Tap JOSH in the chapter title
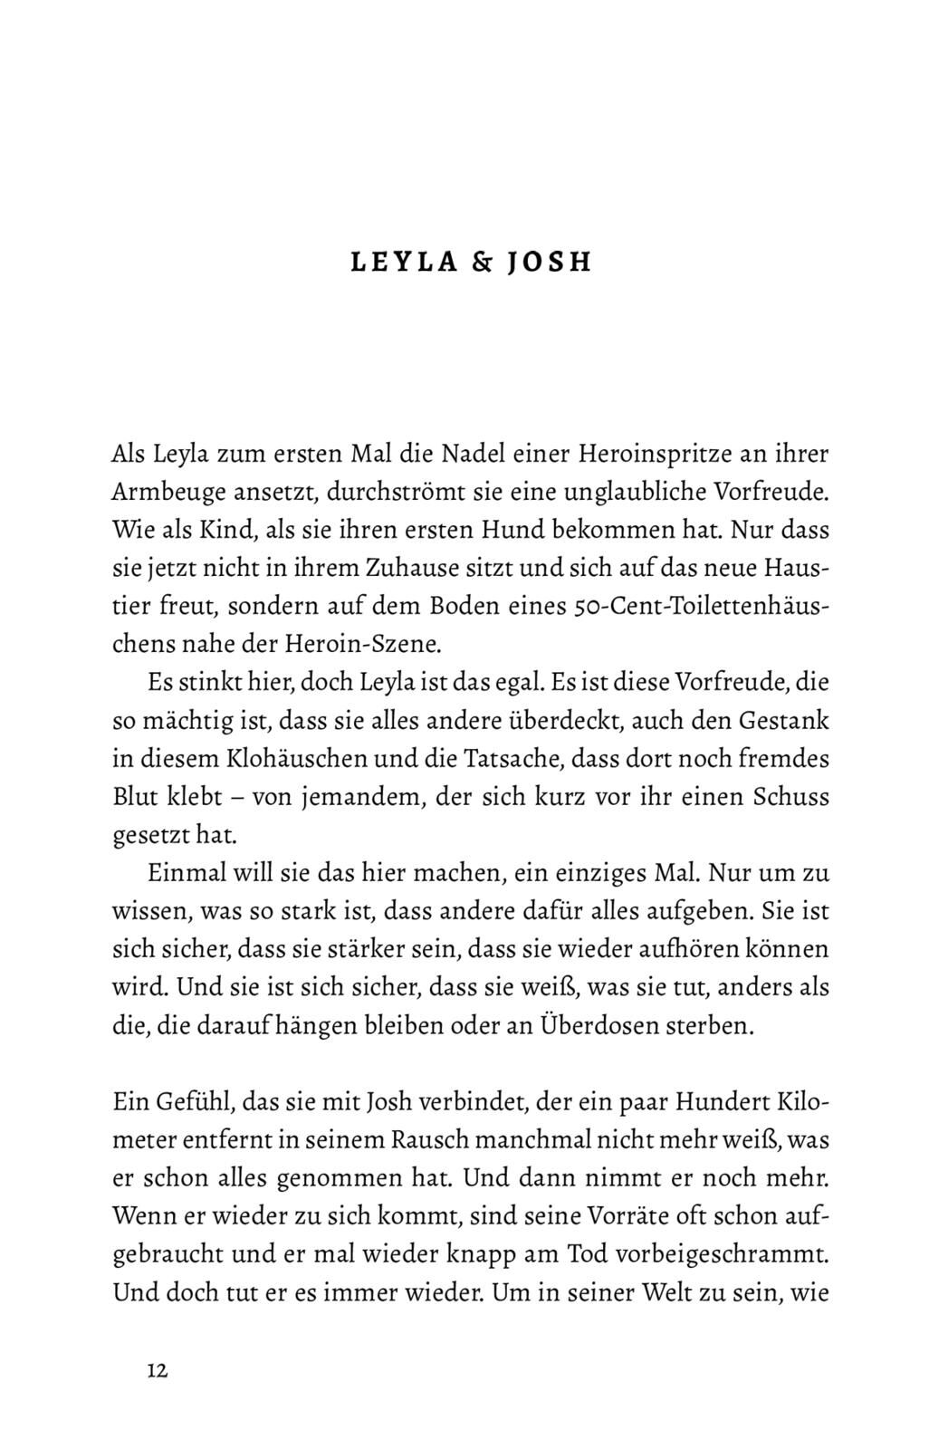[549, 263]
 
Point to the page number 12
[157, 1371]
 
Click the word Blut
[136, 798]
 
